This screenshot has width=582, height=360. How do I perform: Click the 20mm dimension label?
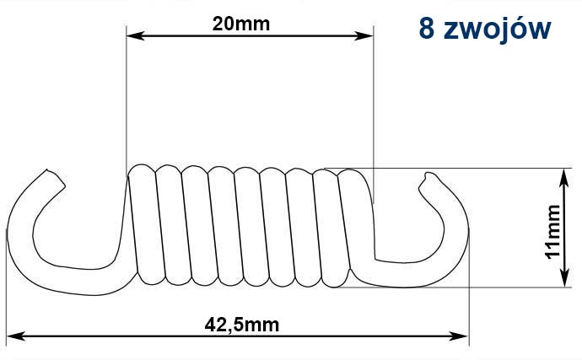tap(241, 24)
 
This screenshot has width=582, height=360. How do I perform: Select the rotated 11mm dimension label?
tap(552, 232)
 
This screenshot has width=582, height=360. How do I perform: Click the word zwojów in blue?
tap(497, 30)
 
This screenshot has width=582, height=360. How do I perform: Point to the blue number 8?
tap(427, 29)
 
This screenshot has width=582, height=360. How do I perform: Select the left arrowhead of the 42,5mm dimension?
tap(16, 336)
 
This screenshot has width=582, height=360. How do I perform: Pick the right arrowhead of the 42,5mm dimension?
tap(459, 336)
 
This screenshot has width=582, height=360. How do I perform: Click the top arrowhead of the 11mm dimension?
tap(564, 177)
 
